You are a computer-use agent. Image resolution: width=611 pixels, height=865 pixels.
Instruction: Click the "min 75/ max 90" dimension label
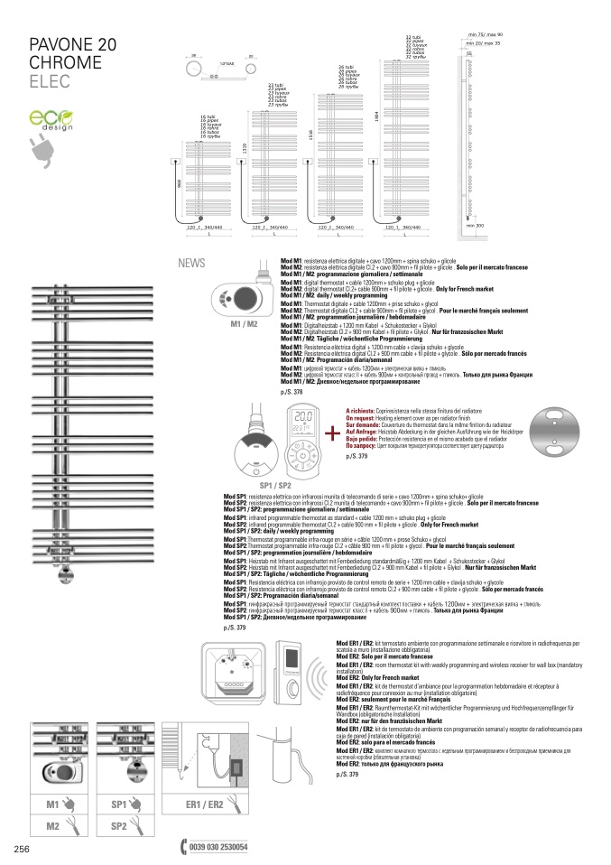[x=486, y=33]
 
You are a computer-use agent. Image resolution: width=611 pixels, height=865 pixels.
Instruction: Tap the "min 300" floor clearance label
[x=475, y=225]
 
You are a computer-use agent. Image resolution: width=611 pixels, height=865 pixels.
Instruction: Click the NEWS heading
[x=192, y=264]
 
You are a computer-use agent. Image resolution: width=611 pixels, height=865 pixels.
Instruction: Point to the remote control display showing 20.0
[x=304, y=418]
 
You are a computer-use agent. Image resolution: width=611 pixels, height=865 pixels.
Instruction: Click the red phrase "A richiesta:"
[x=362, y=409]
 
